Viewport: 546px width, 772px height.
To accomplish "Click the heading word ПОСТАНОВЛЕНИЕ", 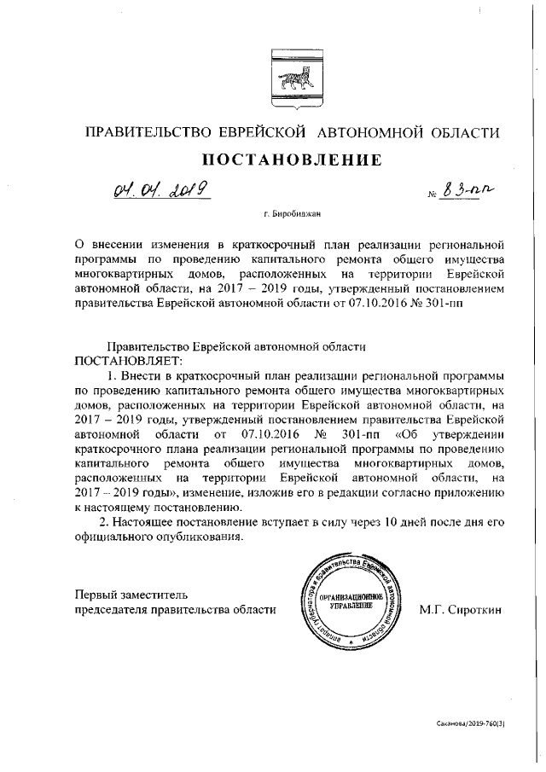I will (x=290, y=159).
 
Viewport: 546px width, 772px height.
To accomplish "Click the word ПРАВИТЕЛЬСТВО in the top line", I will (x=148, y=132).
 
